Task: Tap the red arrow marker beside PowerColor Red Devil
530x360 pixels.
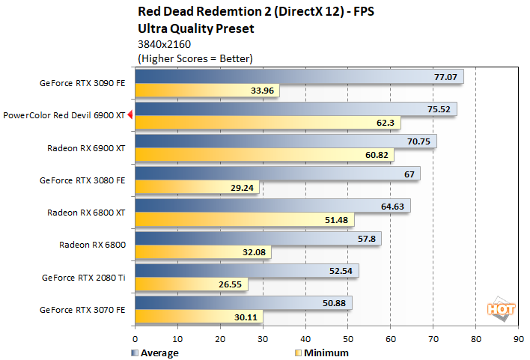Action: click(x=130, y=115)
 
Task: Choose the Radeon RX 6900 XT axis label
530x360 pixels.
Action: click(x=86, y=147)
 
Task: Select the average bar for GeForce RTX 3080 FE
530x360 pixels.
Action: click(x=277, y=173)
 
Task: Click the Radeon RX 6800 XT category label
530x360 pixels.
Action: click(x=86, y=212)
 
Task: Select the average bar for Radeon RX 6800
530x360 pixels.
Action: click(x=258, y=238)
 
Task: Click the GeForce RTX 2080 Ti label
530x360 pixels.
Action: click(x=84, y=276)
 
